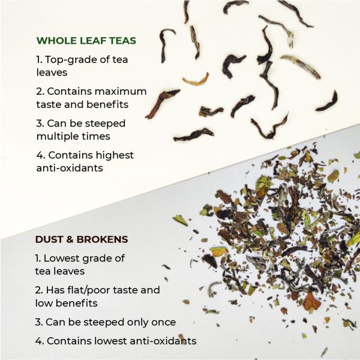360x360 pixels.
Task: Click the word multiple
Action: (62, 136)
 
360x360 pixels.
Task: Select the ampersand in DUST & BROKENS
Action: (72, 239)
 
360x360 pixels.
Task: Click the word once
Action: (161, 322)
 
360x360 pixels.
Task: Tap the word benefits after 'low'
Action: (79, 303)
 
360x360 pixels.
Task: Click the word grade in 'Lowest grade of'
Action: (98, 258)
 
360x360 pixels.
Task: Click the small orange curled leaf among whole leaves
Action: (196, 80)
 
